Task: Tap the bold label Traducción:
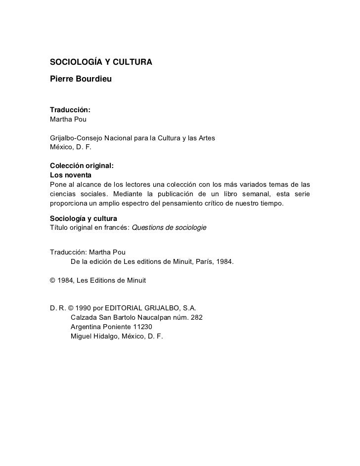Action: point(70,109)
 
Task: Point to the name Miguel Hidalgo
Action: point(95,336)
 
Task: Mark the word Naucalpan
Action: point(155,317)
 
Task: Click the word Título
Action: point(60,227)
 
